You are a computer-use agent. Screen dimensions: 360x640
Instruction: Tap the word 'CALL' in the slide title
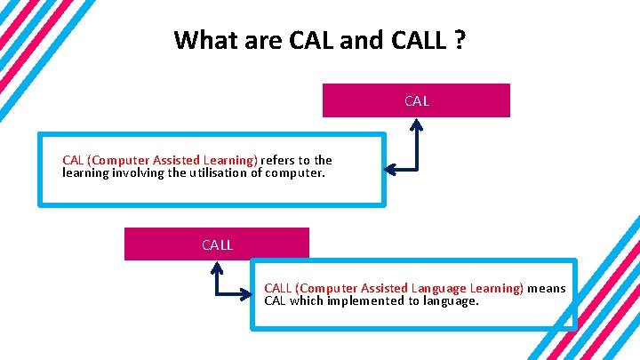coord(414,41)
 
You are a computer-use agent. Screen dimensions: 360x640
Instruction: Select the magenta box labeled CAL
coord(416,100)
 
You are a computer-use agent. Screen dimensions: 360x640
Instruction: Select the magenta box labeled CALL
coord(217,244)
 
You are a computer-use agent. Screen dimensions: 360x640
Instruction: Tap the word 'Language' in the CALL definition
coord(442,288)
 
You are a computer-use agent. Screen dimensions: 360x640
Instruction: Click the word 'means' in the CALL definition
coord(548,288)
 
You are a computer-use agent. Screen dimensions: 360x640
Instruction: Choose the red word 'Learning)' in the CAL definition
coord(230,161)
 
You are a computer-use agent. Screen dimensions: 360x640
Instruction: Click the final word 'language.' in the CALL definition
coord(451,300)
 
